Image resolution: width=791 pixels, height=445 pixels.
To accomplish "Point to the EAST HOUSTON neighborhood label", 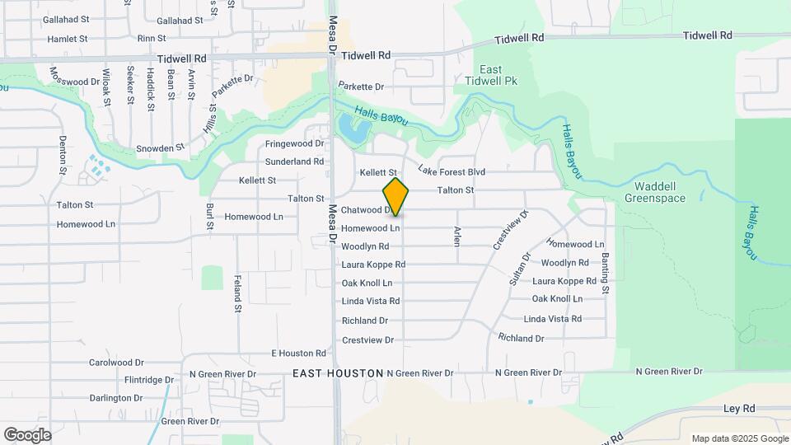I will pyautogui.click(x=338, y=373).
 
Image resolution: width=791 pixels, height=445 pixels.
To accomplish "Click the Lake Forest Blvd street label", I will pyautogui.click(x=452, y=171).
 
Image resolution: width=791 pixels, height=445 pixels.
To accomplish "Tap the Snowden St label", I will pyautogui.click(x=160, y=148).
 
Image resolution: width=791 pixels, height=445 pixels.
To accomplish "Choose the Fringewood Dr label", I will pyautogui.click(x=294, y=143).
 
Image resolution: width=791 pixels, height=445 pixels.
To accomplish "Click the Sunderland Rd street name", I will pyautogui.click(x=294, y=162).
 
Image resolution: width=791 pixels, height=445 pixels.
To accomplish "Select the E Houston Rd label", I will pyautogui.click(x=299, y=354).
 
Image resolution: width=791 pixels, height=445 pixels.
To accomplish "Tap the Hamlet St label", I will pyautogui.click(x=68, y=39).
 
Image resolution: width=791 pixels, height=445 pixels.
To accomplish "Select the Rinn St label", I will pyautogui.click(x=152, y=39).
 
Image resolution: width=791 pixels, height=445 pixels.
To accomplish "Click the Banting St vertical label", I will pyautogui.click(x=605, y=273).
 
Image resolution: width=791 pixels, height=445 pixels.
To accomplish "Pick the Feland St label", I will pyautogui.click(x=236, y=293).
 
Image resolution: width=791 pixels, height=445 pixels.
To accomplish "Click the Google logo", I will pyautogui.click(x=27, y=434).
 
